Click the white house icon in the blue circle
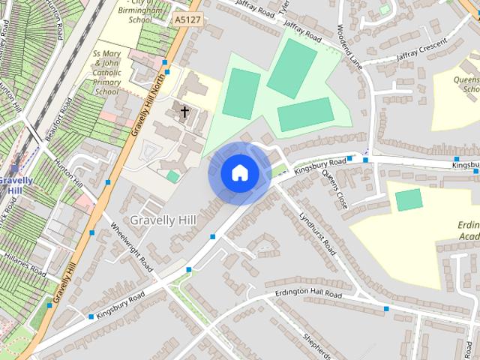[x=239, y=173]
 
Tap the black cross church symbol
[x=184, y=112]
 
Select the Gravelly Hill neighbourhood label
[x=163, y=220]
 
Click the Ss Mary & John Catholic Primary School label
[x=106, y=73]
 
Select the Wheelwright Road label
[x=131, y=247]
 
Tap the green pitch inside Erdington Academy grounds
[x=409, y=199]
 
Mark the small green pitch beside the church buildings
[x=173, y=176]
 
